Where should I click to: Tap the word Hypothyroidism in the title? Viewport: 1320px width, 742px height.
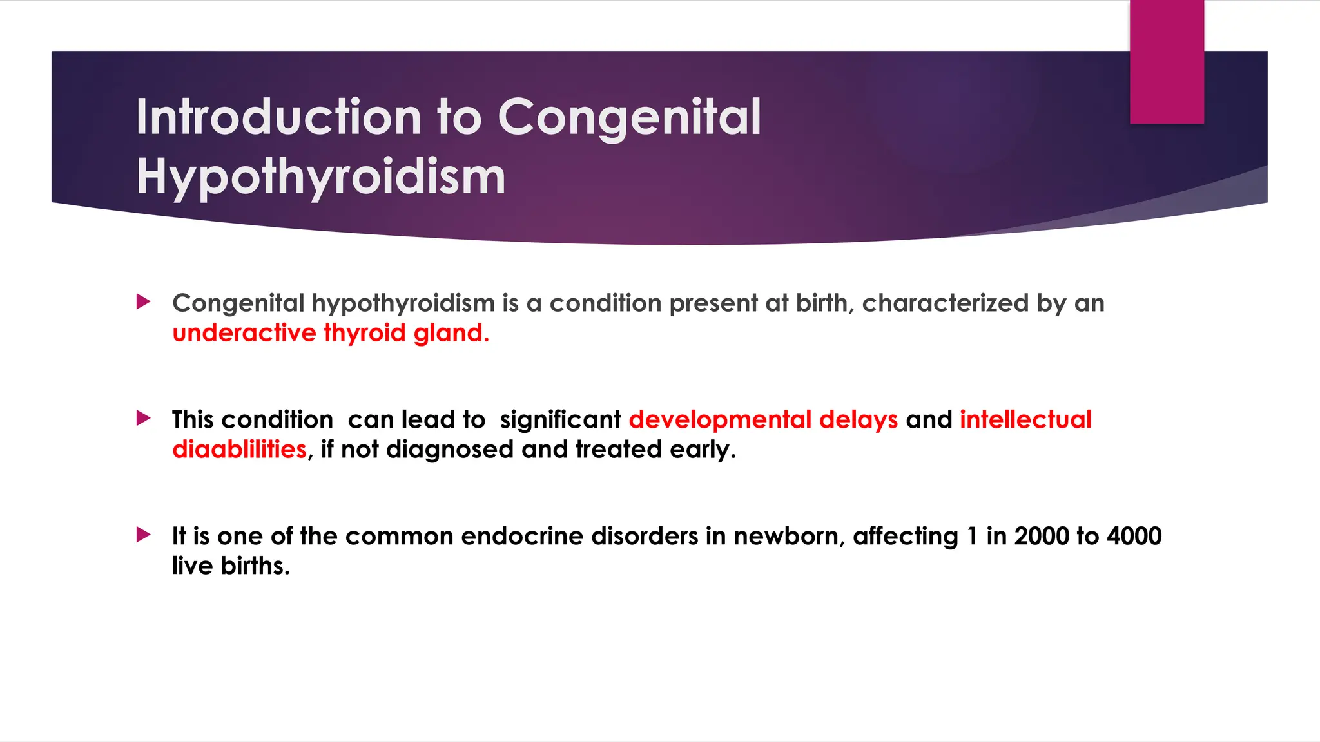[x=321, y=176]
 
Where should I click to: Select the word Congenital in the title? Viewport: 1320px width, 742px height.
[x=629, y=117]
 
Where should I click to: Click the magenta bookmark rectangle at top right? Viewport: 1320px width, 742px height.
[x=1167, y=62]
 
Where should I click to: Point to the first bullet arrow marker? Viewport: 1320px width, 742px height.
[x=144, y=301]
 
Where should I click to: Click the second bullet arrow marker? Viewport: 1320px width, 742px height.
[x=144, y=419]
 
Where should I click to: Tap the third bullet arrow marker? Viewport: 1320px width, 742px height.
[x=144, y=535]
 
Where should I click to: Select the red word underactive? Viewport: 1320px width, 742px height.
[x=244, y=333]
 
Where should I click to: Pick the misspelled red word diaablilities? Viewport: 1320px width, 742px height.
[x=239, y=450]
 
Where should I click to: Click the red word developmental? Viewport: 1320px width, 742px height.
[x=719, y=420]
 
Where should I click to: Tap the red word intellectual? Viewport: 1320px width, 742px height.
[x=1025, y=420]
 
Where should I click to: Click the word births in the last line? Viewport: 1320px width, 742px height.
[x=255, y=566]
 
